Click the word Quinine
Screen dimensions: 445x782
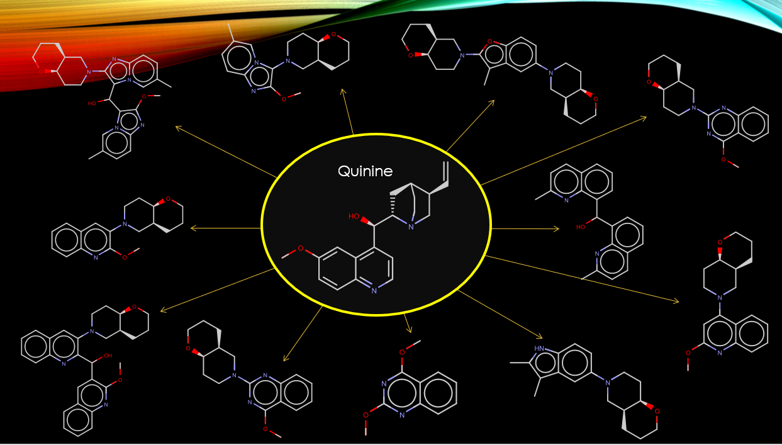point(365,171)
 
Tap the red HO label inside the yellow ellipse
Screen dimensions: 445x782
point(354,217)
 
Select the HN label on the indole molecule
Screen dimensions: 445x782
point(539,349)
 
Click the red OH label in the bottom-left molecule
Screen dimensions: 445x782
point(108,356)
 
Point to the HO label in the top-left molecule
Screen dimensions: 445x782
point(92,103)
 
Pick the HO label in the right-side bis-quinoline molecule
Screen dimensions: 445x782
point(580,227)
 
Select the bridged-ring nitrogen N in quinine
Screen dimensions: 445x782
point(411,227)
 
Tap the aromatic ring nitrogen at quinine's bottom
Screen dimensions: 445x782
point(374,290)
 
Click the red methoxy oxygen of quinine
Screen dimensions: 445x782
point(300,249)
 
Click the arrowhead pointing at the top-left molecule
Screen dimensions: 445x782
point(178,128)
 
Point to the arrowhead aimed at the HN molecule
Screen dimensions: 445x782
point(539,337)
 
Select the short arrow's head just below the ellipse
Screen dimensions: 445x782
point(409,330)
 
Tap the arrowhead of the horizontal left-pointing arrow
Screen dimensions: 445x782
point(193,227)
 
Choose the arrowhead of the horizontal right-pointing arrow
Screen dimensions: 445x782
point(556,228)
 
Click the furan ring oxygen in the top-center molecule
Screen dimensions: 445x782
point(489,42)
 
